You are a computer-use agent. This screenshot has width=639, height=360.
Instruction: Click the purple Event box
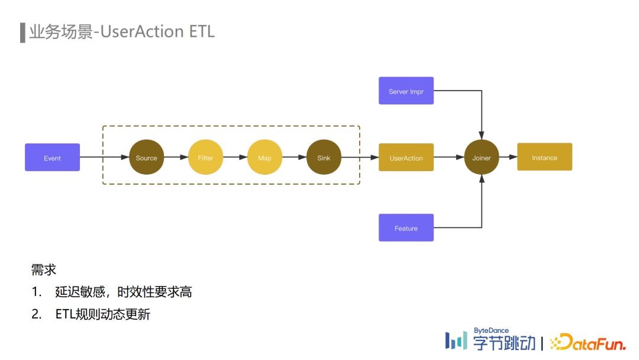coord(52,157)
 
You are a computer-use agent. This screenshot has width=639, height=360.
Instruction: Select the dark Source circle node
coord(146,157)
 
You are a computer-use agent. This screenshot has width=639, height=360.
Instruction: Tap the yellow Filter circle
coord(205,157)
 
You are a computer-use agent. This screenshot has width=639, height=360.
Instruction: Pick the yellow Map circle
coord(264,157)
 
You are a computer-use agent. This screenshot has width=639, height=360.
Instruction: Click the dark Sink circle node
coord(324,157)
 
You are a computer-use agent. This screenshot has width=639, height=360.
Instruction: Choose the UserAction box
coord(406,157)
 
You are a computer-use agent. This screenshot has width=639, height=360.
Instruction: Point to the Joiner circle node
coord(482,157)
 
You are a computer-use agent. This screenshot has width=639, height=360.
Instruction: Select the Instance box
coord(544,157)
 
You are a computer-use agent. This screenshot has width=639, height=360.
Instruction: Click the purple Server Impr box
coord(406,91)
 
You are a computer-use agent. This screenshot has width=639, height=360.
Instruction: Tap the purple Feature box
coord(406,228)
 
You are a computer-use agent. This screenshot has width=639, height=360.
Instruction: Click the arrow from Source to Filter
coord(176,157)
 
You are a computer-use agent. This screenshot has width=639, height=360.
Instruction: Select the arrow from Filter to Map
coord(235,157)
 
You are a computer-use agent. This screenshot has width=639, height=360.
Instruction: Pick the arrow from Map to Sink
coord(294,157)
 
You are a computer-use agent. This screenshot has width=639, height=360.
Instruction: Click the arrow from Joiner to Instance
coord(508,157)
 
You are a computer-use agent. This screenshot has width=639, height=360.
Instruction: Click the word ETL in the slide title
coord(202,31)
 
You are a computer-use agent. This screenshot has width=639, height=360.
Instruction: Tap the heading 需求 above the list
coord(43,270)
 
